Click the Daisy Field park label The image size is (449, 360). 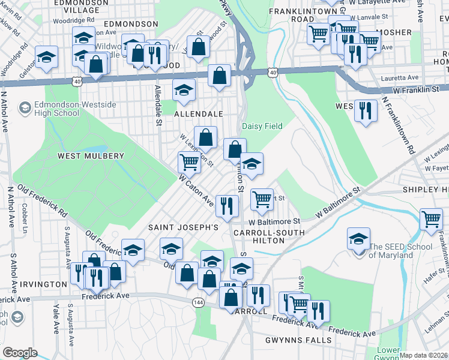[x=262, y=126]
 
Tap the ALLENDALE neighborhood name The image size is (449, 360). [x=198, y=114]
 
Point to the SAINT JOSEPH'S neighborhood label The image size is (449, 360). [x=183, y=228]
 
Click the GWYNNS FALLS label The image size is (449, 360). [x=298, y=340]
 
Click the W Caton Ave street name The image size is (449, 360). [x=196, y=190]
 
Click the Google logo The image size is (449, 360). [x=20, y=353]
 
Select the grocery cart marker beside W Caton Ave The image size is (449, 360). [x=189, y=161]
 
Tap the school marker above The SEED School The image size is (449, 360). [x=358, y=238]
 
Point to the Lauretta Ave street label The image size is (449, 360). [x=401, y=78]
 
